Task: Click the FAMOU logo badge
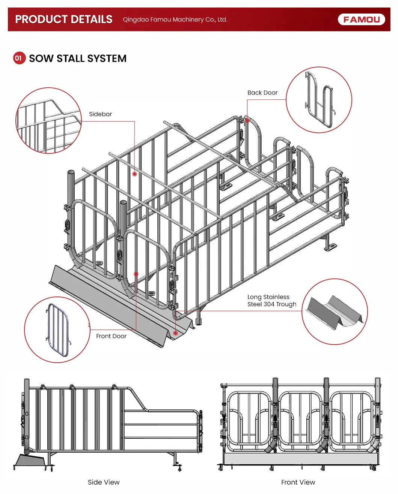point(361,19)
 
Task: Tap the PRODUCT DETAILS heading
point(64,19)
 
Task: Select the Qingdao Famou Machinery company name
point(175,20)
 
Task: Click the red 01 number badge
point(19,58)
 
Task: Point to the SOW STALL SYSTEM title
point(78,59)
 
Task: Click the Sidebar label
point(100,114)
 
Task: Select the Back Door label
point(262,93)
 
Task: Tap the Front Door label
point(111,336)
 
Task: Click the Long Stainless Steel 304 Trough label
point(271,301)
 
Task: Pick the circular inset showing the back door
point(319,100)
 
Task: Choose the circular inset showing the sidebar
point(48,120)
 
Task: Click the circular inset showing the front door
point(57,330)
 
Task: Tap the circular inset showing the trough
point(335,312)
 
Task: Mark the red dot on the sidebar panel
point(134,174)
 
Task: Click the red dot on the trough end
point(175,333)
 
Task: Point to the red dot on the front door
point(136,274)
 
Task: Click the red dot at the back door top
point(247,121)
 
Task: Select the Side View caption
point(104,482)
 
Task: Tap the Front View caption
point(298,482)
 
